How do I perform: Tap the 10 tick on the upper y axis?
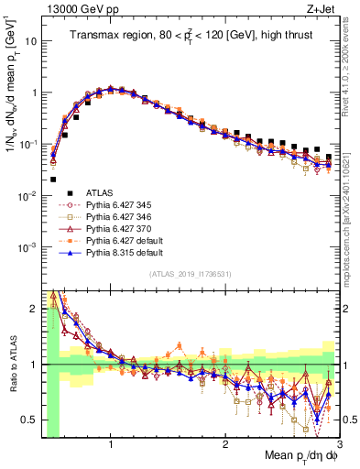click(31, 41)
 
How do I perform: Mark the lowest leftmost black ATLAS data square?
click(53, 180)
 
